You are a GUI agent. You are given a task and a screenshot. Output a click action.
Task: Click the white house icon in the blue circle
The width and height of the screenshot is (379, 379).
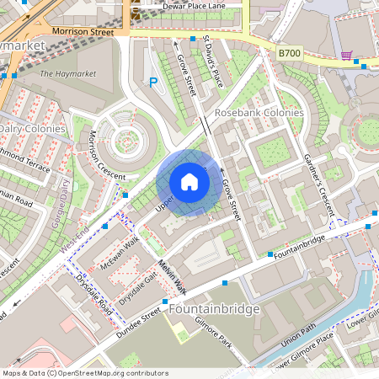point(189,181)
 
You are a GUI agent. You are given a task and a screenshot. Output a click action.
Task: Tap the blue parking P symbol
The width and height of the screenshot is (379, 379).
point(153,82)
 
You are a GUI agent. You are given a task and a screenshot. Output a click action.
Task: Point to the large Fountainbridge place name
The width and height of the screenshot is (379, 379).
point(216,309)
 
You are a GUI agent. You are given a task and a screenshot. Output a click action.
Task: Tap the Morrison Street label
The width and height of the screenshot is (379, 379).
point(82,30)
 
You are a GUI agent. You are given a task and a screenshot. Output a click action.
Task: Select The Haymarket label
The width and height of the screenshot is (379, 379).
point(68,74)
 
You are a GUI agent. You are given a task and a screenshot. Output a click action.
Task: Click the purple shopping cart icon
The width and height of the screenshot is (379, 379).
point(346,56)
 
